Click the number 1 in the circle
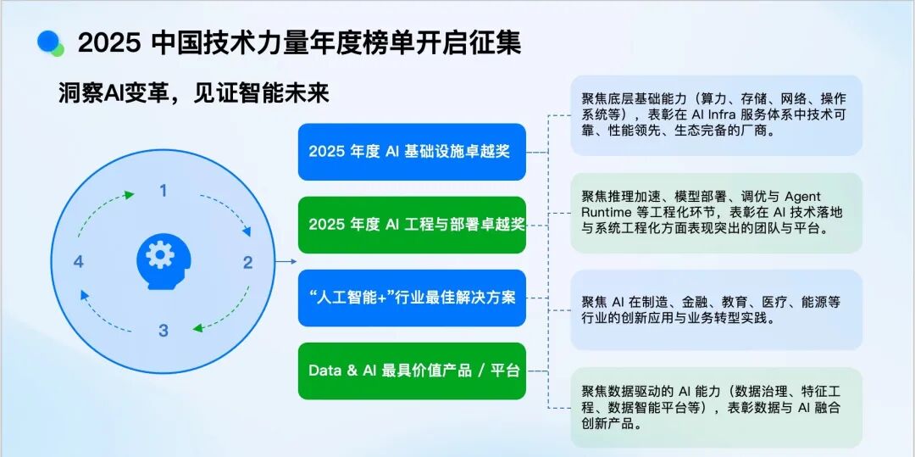coord(164,191)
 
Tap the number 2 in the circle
coord(248,263)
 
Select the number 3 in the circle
coord(164,331)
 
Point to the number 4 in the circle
coord(79,262)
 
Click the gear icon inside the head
coord(160,255)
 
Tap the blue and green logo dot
coord(50,43)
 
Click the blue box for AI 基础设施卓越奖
coord(412,152)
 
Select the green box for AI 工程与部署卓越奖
coord(412,225)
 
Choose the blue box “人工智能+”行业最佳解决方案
coord(412,298)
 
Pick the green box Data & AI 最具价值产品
coord(412,371)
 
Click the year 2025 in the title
coord(110,44)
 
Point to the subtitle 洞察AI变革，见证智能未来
coord(194,92)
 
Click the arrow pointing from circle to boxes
coord(286,261)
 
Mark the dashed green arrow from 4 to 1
coord(99,209)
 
